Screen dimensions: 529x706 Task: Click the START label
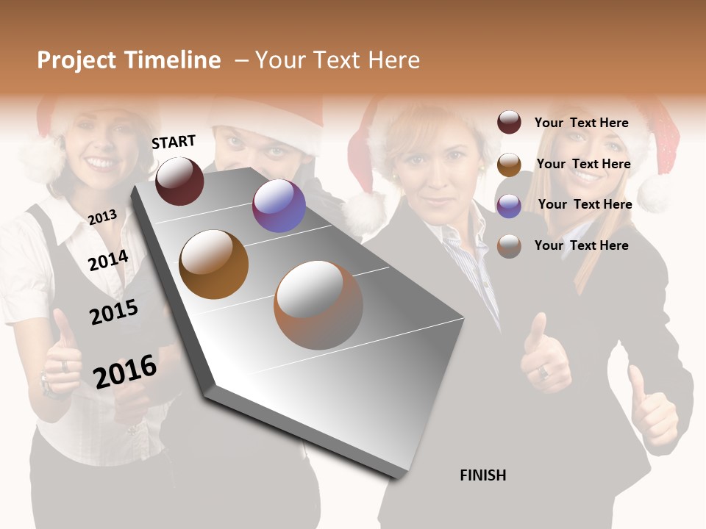174,142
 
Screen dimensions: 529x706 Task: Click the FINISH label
483,475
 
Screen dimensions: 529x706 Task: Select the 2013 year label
102,217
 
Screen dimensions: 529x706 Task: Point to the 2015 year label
114,312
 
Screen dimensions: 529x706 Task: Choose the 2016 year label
125,371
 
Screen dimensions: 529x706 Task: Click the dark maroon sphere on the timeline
180,181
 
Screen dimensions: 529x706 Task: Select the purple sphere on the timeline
279,206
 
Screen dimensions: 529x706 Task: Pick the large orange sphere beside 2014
214,264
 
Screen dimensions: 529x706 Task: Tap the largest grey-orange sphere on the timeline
318,305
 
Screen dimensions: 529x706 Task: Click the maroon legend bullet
509,123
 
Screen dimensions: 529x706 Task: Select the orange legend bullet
509,165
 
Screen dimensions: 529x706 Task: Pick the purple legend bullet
509,206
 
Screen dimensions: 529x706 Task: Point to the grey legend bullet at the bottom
509,246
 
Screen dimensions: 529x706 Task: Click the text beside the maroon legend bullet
582,123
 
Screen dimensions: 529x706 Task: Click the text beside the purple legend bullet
585,204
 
